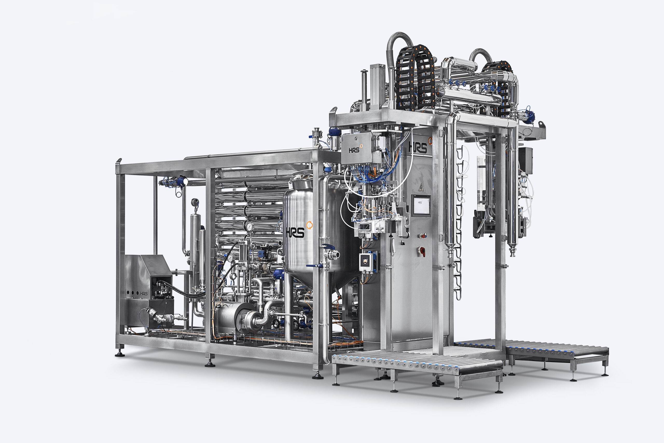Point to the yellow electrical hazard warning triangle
pos(421,187)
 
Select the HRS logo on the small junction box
pos(354,150)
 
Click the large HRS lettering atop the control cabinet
pos(418,147)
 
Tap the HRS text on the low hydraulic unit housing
pos(144,294)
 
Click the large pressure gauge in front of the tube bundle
pos(249,226)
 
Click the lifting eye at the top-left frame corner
pos(119,162)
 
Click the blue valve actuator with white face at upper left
pos(182,181)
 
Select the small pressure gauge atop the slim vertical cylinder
pos(195,202)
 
